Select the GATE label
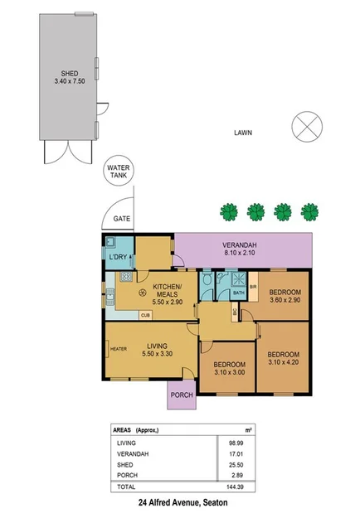click(122, 220)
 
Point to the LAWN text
click(242, 133)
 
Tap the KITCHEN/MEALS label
click(157, 292)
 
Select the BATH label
click(238, 293)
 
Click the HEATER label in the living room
click(118, 349)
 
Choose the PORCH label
click(181, 395)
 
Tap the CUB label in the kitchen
click(144, 315)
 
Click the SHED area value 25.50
click(242, 467)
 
